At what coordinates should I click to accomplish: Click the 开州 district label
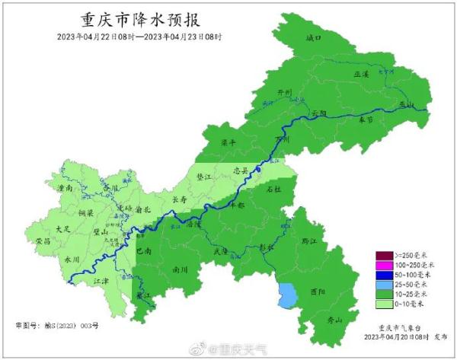(284, 93)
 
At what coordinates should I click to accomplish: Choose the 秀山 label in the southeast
(335, 320)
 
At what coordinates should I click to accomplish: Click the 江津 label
(101, 281)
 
